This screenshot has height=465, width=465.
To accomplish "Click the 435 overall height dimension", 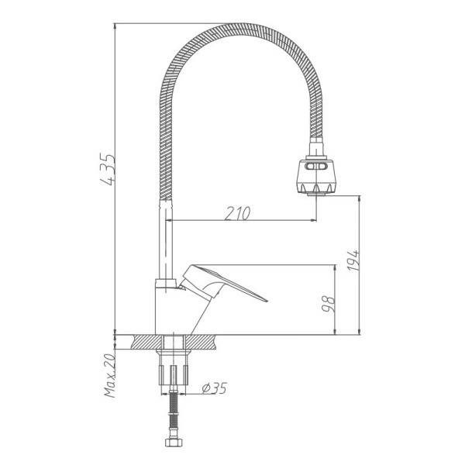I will pos(108,171).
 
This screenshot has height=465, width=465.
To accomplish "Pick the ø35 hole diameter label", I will pos(213,388).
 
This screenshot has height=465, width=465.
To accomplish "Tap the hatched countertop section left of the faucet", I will pos(147,342).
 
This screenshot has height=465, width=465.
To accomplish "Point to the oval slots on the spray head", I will pos(317,166).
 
